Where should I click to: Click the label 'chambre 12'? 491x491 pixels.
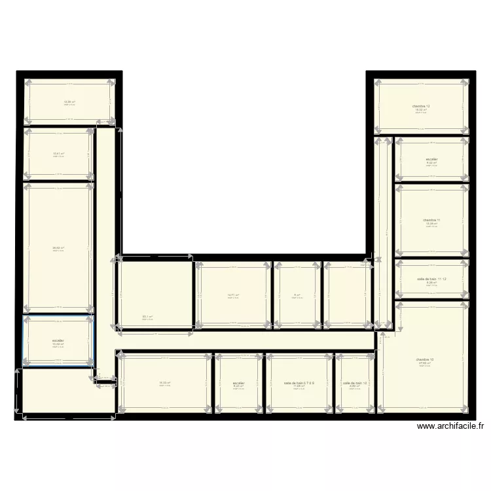point(421,106)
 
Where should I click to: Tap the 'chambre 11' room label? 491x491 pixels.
point(431,220)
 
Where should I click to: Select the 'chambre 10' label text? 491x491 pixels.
point(424,359)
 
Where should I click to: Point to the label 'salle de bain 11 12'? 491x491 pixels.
point(431,279)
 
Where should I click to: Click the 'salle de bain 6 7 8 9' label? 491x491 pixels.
point(299,383)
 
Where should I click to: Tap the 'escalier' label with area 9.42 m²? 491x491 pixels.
point(431,159)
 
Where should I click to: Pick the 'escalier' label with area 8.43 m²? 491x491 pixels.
point(238,383)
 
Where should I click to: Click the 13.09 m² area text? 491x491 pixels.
point(69,101)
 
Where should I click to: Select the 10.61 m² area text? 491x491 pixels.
point(58,155)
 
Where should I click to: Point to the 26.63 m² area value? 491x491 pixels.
point(58,248)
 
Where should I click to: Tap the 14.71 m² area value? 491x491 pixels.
point(233,295)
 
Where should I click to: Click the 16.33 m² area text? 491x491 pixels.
point(164,383)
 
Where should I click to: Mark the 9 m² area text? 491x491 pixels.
point(297,295)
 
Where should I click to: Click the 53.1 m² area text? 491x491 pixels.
point(148,317)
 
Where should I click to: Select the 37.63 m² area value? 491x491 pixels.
point(424,363)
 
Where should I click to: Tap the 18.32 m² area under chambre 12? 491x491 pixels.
point(421,110)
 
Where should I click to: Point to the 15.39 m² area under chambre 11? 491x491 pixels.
point(431,224)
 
